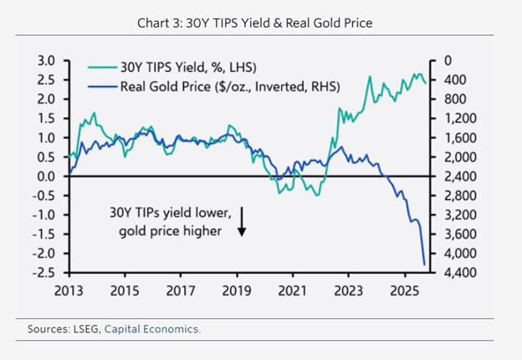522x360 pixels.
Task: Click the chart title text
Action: [x=255, y=23]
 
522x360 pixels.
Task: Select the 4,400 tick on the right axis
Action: [x=451, y=273]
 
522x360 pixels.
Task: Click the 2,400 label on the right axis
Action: [x=451, y=177]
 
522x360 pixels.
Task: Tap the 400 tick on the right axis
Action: [x=445, y=80]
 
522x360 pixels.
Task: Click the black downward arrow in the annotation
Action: [x=241, y=221]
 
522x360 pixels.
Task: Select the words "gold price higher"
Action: [x=169, y=230]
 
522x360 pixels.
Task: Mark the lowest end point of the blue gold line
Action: [x=425, y=265]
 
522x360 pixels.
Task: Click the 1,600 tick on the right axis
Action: [x=451, y=138]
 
